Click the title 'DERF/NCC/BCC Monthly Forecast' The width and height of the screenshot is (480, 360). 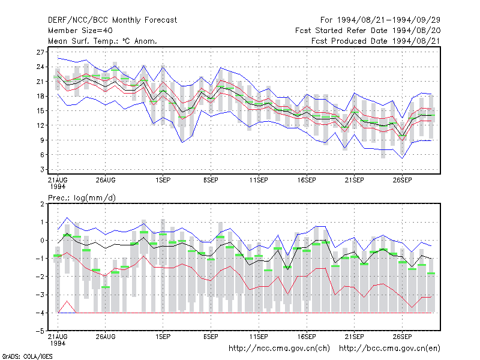(112, 20)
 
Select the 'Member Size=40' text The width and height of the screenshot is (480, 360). (80, 31)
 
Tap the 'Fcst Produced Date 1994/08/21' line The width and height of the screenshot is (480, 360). (376, 41)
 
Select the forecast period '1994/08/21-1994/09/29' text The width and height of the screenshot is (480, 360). (389, 20)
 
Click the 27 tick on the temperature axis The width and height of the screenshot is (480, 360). (40, 52)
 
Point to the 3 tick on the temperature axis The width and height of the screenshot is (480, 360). (42, 169)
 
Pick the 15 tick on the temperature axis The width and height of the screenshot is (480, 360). (40, 111)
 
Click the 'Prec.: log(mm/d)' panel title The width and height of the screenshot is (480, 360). (82, 198)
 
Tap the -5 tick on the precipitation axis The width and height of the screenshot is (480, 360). (40, 331)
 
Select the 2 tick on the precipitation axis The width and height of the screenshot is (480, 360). (42, 204)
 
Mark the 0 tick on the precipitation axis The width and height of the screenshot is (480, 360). (42, 241)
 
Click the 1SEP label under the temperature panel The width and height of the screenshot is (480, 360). (163, 181)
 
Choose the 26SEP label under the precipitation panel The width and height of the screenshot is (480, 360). (402, 337)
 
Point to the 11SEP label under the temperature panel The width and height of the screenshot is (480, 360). (259, 181)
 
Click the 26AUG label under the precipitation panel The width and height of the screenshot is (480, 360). (106, 337)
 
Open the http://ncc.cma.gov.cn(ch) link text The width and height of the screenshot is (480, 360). (279, 349)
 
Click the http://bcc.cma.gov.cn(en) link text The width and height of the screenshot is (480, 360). (389, 349)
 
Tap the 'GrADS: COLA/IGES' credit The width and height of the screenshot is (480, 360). (27, 356)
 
